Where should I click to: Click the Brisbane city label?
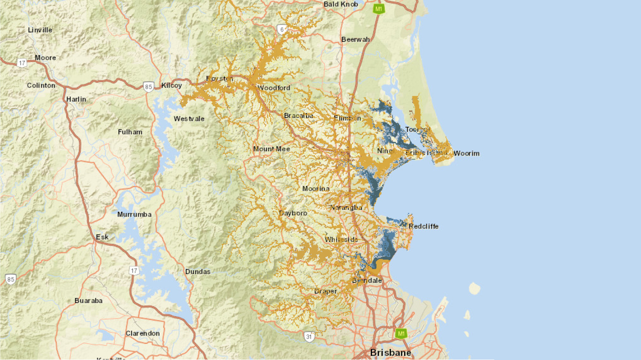pyautogui.click(x=390, y=352)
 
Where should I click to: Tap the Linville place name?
pyautogui.click(x=40, y=30)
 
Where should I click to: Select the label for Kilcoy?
pyautogui.click(x=172, y=85)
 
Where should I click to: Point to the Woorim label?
pyautogui.click(x=467, y=153)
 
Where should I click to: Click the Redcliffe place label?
pyautogui.click(x=424, y=226)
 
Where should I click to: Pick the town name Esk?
pyautogui.click(x=102, y=237)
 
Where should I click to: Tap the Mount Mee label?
pyautogui.click(x=271, y=149)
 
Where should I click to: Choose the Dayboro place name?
pyautogui.click(x=293, y=213)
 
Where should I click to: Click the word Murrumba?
pyautogui.click(x=134, y=214)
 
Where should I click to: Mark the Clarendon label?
pyautogui.click(x=142, y=333)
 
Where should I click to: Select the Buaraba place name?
pyautogui.click(x=89, y=301)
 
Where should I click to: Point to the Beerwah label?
pyautogui.click(x=355, y=39)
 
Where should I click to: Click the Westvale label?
pyautogui.click(x=189, y=118)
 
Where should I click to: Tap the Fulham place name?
pyautogui.click(x=130, y=132)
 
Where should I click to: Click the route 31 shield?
pyautogui.click(x=309, y=336)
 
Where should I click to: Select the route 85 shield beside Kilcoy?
pyautogui.click(x=148, y=87)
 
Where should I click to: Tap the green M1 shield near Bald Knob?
pyautogui.click(x=378, y=9)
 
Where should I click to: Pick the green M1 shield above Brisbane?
pyautogui.click(x=401, y=333)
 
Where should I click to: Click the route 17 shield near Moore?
pyautogui.click(x=22, y=63)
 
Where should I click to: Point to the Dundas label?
pyautogui.click(x=198, y=271)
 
